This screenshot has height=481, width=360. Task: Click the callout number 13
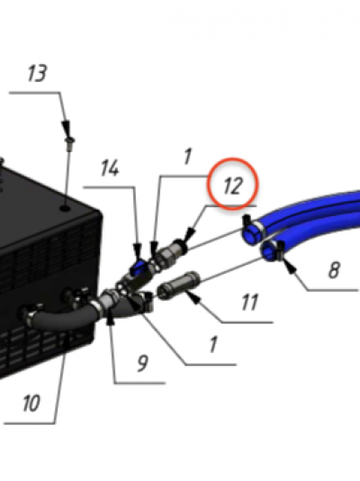[38, 74]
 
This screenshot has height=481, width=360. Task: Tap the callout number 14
[110, 168]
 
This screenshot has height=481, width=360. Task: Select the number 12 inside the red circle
[232, 186]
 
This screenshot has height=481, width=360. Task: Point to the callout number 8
[334, 270]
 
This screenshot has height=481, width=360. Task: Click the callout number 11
[249, 303]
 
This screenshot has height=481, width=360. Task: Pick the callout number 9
[142, 363]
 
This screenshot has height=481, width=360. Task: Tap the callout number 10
[31, 403]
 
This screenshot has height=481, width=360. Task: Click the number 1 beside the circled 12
[188, 157]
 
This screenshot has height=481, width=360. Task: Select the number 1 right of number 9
[213, 344]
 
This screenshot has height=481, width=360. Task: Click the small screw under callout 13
[70, 144]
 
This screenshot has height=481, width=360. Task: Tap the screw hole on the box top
[65, 209]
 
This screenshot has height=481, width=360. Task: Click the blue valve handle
[139, 267]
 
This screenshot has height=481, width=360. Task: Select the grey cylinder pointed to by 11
[178, 286]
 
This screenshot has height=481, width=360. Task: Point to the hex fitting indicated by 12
[169, 251]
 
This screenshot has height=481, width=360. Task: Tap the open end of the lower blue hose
[269, 251]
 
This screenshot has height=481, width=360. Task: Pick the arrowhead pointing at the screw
[66, 128]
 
